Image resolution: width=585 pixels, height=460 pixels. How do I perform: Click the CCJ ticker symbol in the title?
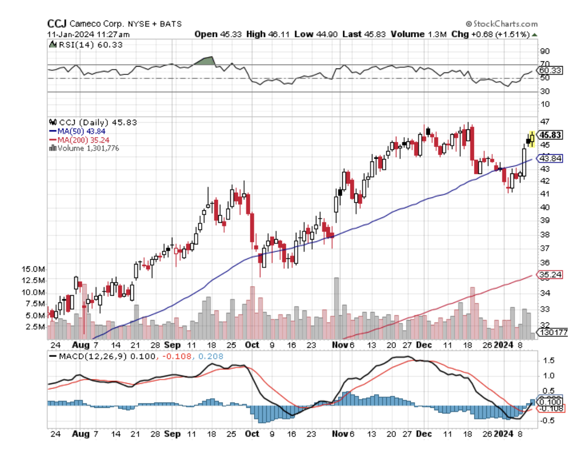[x=56, y=23]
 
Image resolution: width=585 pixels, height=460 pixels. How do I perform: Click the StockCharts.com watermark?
[x=500, y=24]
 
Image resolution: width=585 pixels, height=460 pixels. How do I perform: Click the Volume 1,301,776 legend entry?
[x=84, y=149]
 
